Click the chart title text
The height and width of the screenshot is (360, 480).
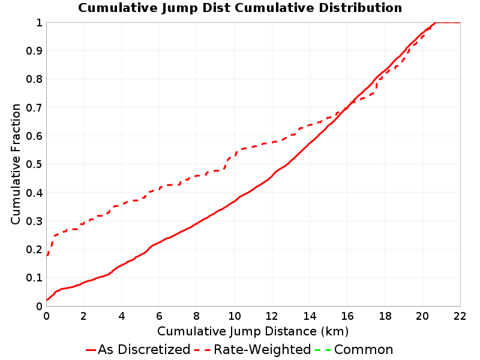click(240, 8)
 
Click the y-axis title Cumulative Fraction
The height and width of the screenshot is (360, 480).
click(16, 164)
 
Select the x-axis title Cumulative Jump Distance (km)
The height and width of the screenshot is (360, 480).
click(253, 331)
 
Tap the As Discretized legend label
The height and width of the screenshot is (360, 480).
click(144, 349)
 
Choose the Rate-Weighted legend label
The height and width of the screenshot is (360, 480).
click(262, 349)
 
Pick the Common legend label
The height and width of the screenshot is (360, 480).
click(364, 349)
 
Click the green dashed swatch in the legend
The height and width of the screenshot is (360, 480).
click(323, 350)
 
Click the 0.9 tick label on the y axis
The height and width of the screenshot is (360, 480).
click(34, 51)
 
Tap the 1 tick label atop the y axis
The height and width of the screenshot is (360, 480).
click(39, 23)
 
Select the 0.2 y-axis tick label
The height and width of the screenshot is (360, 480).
click(34, 250)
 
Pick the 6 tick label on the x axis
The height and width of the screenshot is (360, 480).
click(159, 316)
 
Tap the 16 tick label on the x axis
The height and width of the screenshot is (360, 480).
click(347, 316)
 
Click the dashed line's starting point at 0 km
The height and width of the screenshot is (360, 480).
click(47, 255)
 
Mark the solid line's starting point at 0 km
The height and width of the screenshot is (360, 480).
click(47, 300)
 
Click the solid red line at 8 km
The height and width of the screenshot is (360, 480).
click(197, 223)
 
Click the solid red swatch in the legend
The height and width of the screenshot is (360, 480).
click(91, 350)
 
